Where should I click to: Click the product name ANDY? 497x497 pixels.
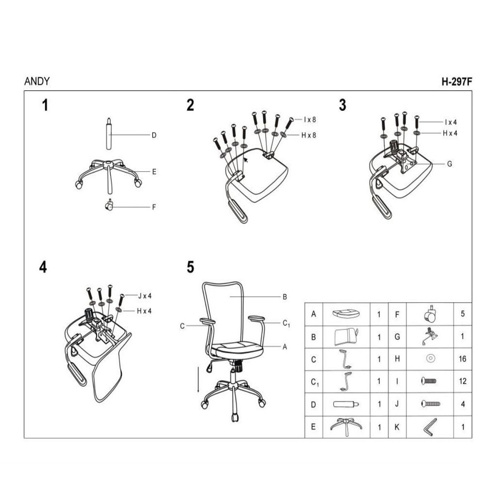tap(37, 82)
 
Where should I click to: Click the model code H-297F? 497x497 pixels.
tap(457, 82)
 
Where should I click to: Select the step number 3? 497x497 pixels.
tap(342, 105)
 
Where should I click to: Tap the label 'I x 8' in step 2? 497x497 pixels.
tap(310, 119)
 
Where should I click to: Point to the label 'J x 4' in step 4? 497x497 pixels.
tap(145, 296)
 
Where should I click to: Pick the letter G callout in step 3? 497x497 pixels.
tap(449, 164)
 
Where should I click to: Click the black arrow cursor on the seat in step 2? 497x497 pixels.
tap(246, 160)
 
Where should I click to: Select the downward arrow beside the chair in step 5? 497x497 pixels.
tap(198, 379)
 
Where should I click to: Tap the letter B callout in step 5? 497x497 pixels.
tap(285, 297)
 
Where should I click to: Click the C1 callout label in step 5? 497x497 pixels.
tap(286, 324)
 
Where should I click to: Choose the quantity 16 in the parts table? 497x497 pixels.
tap(462, 359)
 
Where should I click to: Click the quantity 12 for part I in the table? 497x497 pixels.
tap(462, 381)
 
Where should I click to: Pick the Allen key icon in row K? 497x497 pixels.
tap(430, 427)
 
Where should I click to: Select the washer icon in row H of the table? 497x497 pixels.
tap(430, 358)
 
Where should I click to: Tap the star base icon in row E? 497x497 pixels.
tap(346, 426)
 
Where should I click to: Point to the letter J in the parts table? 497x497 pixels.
tap(397, 404)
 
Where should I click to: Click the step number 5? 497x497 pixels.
tap(190, 267)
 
